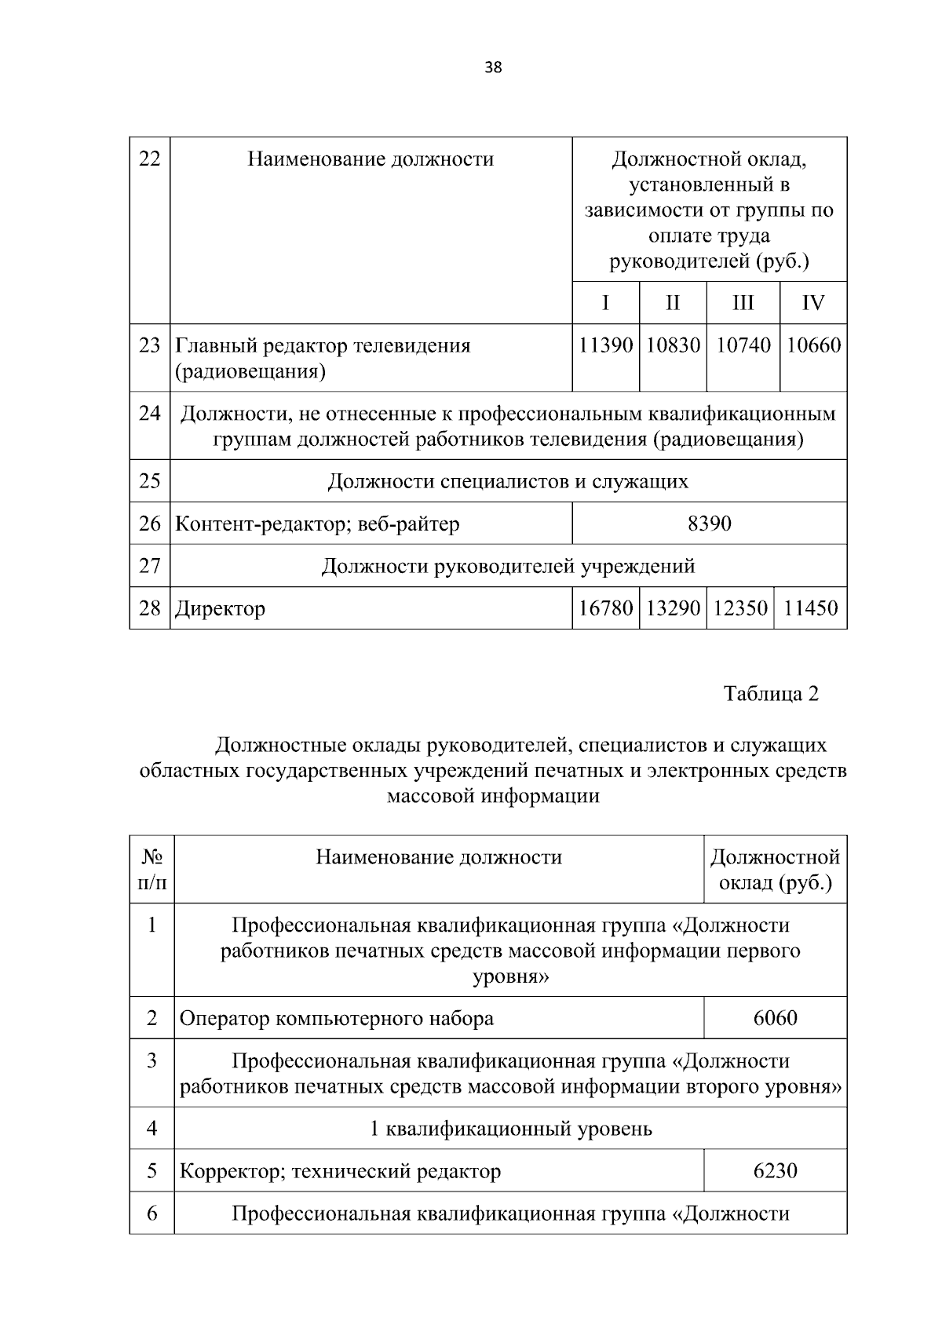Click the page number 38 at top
click(493, 68)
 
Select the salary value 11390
click(605, 345)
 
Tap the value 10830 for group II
click(673, 345)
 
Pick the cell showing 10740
click(743, 345)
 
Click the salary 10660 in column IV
click(813, 345)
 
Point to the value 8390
click(709, 524)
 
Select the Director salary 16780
click(605, 608)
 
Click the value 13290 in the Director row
click(673, 608)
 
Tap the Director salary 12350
click(740, 608)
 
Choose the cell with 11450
click(810, 608)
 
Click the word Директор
click(220, 609)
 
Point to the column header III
click(743, 303)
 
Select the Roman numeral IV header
click(813, 303)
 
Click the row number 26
click(149, 524)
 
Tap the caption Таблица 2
click(771, 694)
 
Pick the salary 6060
click(775, 1019)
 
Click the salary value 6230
click(775, 1172)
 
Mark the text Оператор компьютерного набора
click(337, 1020)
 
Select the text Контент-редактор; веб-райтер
click(317, 524)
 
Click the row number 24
click(149, 414)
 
